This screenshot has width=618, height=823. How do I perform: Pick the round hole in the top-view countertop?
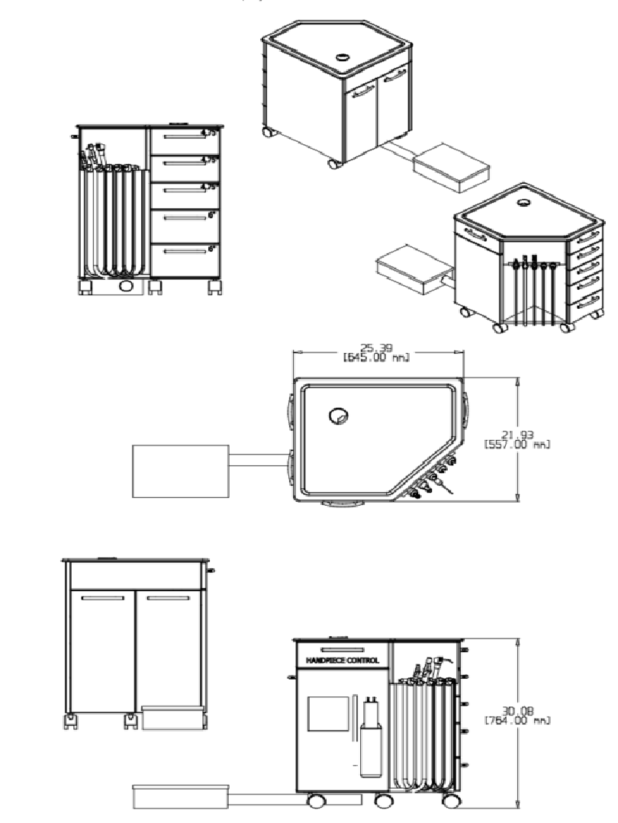point(337,416)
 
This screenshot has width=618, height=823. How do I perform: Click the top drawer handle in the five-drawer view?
point(179,137)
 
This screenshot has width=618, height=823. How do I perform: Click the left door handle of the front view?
point(103,599)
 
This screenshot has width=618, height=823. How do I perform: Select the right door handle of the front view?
point(169,599)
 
